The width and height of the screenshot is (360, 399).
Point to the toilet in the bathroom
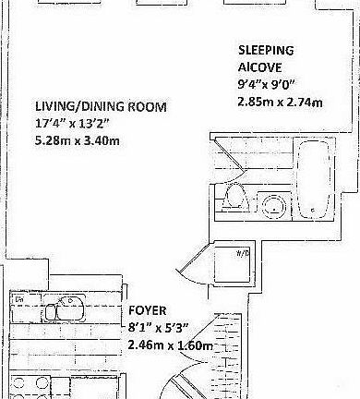tap(234, 198)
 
